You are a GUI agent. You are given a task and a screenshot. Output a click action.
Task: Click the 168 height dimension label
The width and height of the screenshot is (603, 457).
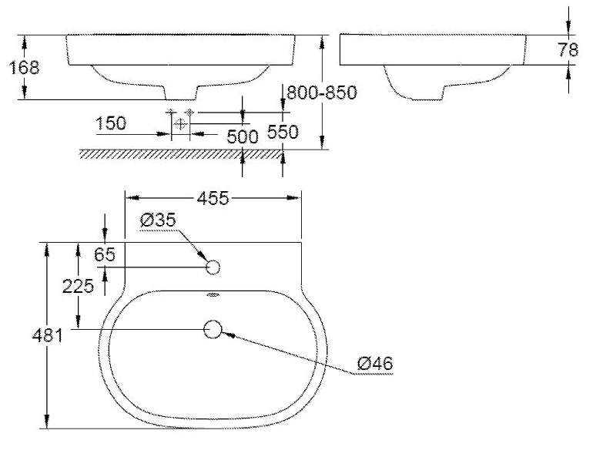(x=23, y=67)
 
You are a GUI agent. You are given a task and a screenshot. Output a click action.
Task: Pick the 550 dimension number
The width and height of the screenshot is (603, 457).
(x=282, y=132)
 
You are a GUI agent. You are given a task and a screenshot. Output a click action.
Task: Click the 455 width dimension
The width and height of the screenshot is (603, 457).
(x=213, y=198)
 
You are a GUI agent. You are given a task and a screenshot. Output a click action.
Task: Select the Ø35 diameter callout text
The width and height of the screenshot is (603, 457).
(x=159, y=220)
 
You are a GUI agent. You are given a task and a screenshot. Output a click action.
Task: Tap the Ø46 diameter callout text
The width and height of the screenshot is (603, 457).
(x=375, y=362)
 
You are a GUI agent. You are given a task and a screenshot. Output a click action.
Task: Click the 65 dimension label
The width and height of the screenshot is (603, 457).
(x=104, y=254)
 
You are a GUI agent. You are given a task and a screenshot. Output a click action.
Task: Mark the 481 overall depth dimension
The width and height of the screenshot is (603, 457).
(x=23, y=335)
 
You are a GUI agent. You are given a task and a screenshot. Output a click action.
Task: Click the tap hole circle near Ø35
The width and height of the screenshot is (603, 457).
(x=213, y=267)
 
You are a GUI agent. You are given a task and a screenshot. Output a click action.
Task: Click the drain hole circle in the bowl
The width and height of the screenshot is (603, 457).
(x=213, y=330)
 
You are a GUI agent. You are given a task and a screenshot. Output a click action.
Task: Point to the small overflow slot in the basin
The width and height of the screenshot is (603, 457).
(x=213, y=294)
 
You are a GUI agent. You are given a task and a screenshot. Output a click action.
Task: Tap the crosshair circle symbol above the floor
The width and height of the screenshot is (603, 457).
(x=181, y=123)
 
